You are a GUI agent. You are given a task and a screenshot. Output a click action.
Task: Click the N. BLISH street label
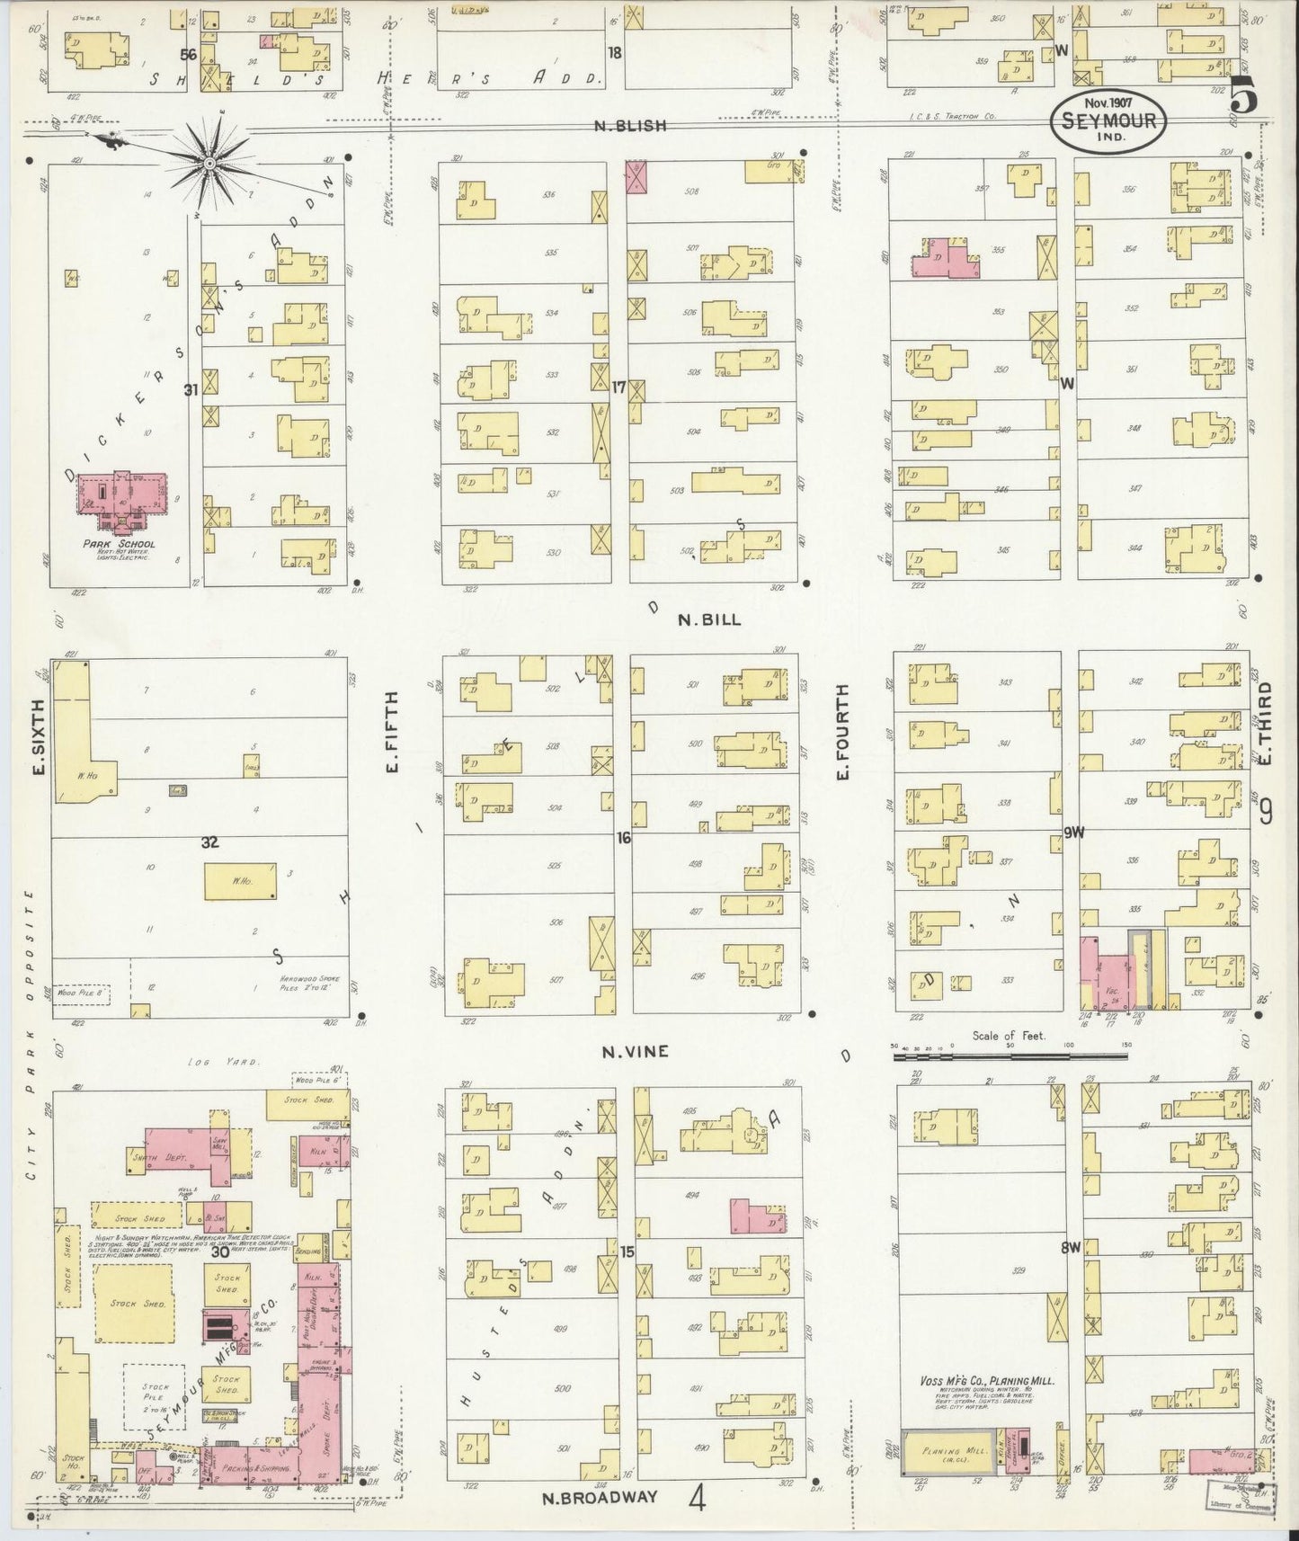[x=630, y=126]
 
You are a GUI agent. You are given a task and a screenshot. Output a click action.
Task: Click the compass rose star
[x=209, y=163]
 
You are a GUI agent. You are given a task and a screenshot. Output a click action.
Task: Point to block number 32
[x=209, y=842]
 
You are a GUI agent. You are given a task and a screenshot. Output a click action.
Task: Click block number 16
[x=622, y=838]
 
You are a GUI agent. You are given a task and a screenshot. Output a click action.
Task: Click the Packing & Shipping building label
[x=261, y=1468]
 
